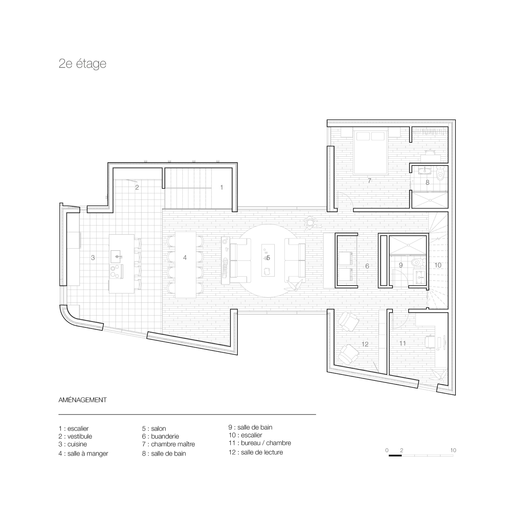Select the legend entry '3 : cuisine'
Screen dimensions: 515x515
tap(73, 444)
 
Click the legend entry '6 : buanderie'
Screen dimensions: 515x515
tap(161, 436)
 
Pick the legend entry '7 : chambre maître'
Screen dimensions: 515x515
tap(168, 444)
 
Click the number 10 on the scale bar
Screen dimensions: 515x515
tap(453, 450)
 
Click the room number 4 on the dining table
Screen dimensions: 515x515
tap(185, 257)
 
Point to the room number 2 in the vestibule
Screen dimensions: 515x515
tap(137, 187)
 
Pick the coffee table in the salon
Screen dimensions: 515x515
tap(268, 260)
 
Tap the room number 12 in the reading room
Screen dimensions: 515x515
tap(365, 344)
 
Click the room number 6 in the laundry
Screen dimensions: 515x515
tap(367, 266)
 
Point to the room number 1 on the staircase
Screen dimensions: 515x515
tap(221, 187)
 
